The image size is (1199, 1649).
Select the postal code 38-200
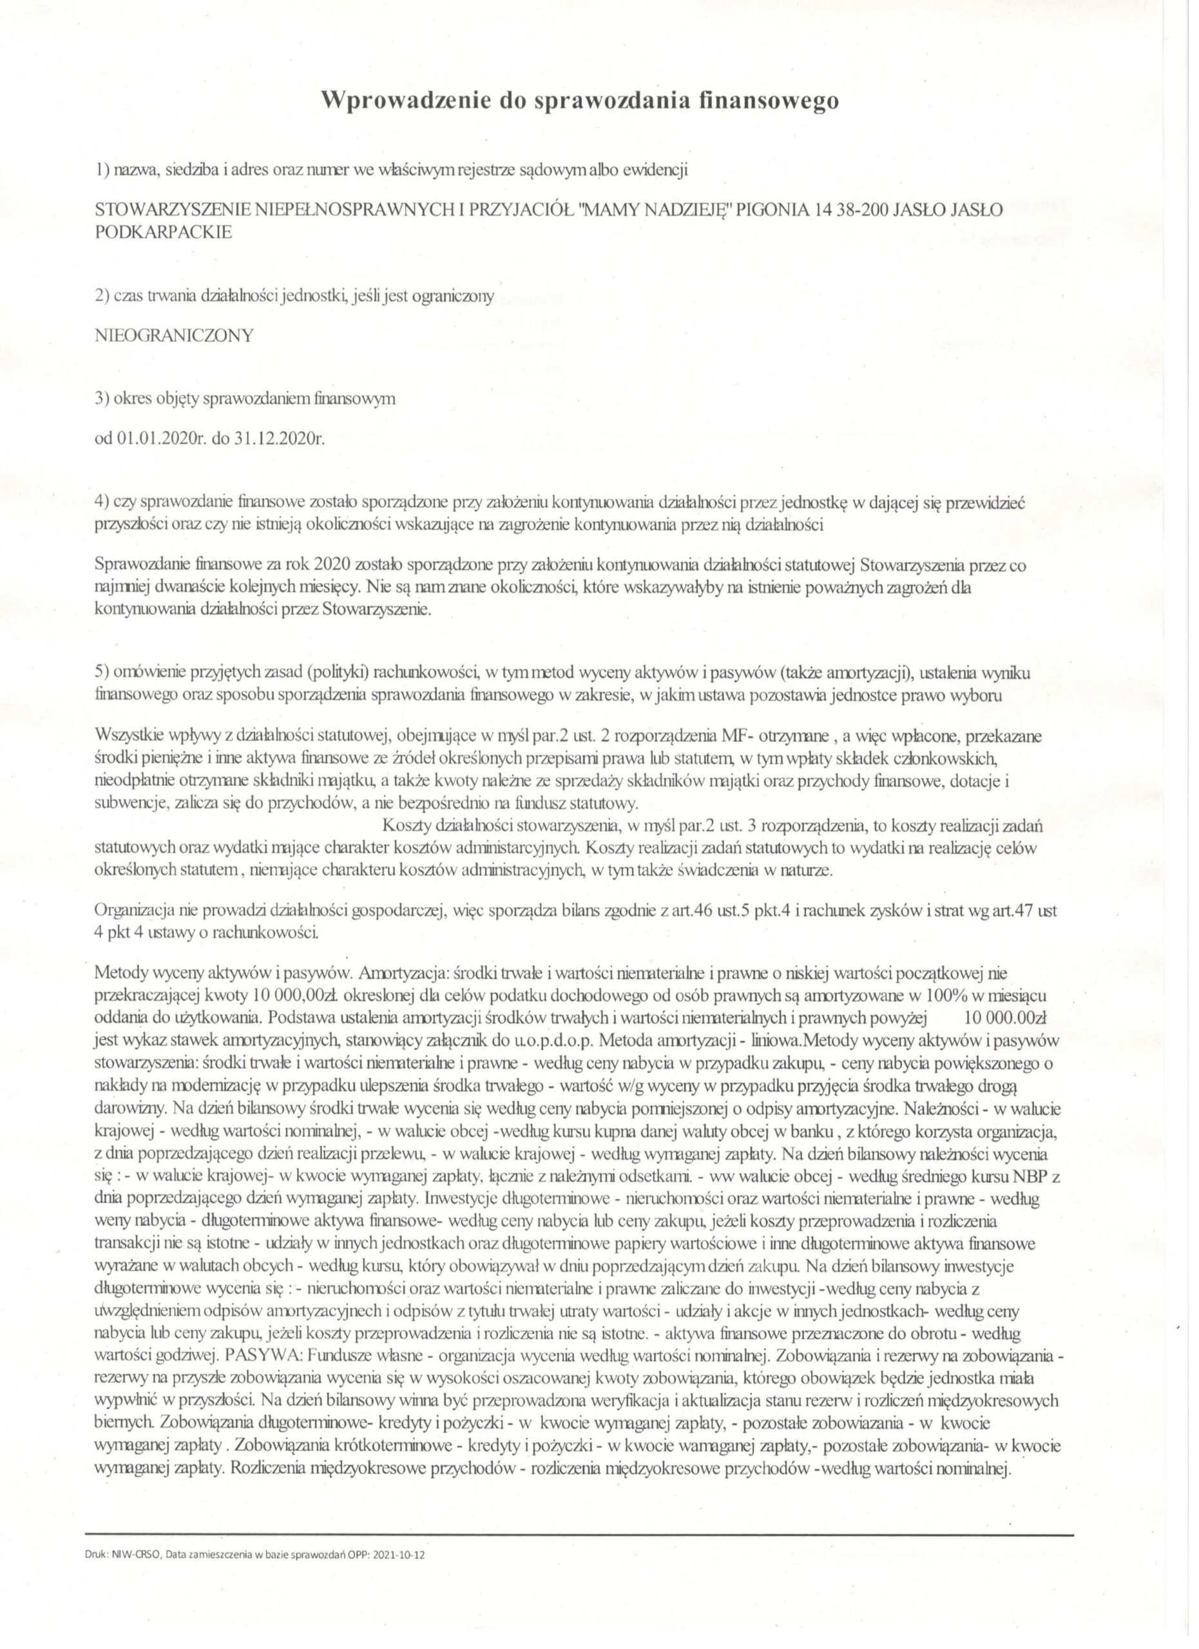[854, 209]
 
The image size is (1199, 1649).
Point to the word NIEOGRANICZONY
[174, 335]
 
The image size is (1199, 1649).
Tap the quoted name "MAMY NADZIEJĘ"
[654, 209]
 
